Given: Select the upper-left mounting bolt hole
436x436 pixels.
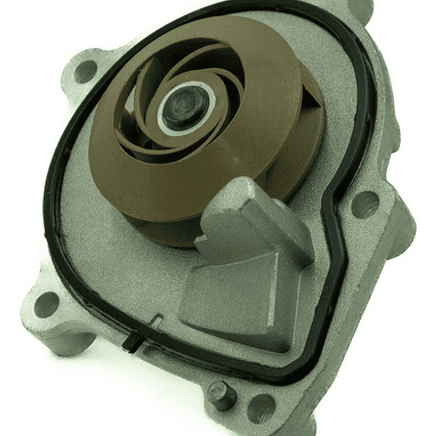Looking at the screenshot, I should (x=86, y=72).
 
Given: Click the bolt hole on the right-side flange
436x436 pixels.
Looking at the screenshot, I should (x=366, y=204).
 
